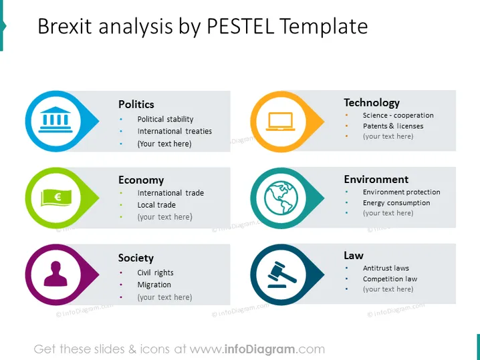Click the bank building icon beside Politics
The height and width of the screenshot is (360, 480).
[55, 120]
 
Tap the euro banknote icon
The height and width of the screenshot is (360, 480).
[56, 197]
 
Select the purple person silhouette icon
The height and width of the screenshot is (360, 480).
[55, 274]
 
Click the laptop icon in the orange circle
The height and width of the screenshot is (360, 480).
[280, 122]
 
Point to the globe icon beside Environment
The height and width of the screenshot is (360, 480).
[281, 198]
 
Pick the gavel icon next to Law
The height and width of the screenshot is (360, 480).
[281, 275]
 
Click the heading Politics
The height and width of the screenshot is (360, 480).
[136, 104]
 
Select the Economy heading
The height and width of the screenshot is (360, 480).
[141, 180]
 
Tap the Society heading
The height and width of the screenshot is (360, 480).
[136, 258]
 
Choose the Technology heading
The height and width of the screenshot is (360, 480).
[372, 103]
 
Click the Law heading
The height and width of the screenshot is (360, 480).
[354, 255]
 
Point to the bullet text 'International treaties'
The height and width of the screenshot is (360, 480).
[174, 131]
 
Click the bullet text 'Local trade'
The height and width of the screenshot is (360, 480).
[156, 205]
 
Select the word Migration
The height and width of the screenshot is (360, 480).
[154, 285]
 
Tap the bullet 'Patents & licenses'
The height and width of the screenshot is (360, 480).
[393, 126]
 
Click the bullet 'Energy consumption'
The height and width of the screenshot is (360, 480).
[396, 203]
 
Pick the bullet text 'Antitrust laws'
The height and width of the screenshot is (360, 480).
[386, 268]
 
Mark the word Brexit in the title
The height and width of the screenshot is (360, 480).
[65, 26]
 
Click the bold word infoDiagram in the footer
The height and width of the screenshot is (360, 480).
[260, 349]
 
